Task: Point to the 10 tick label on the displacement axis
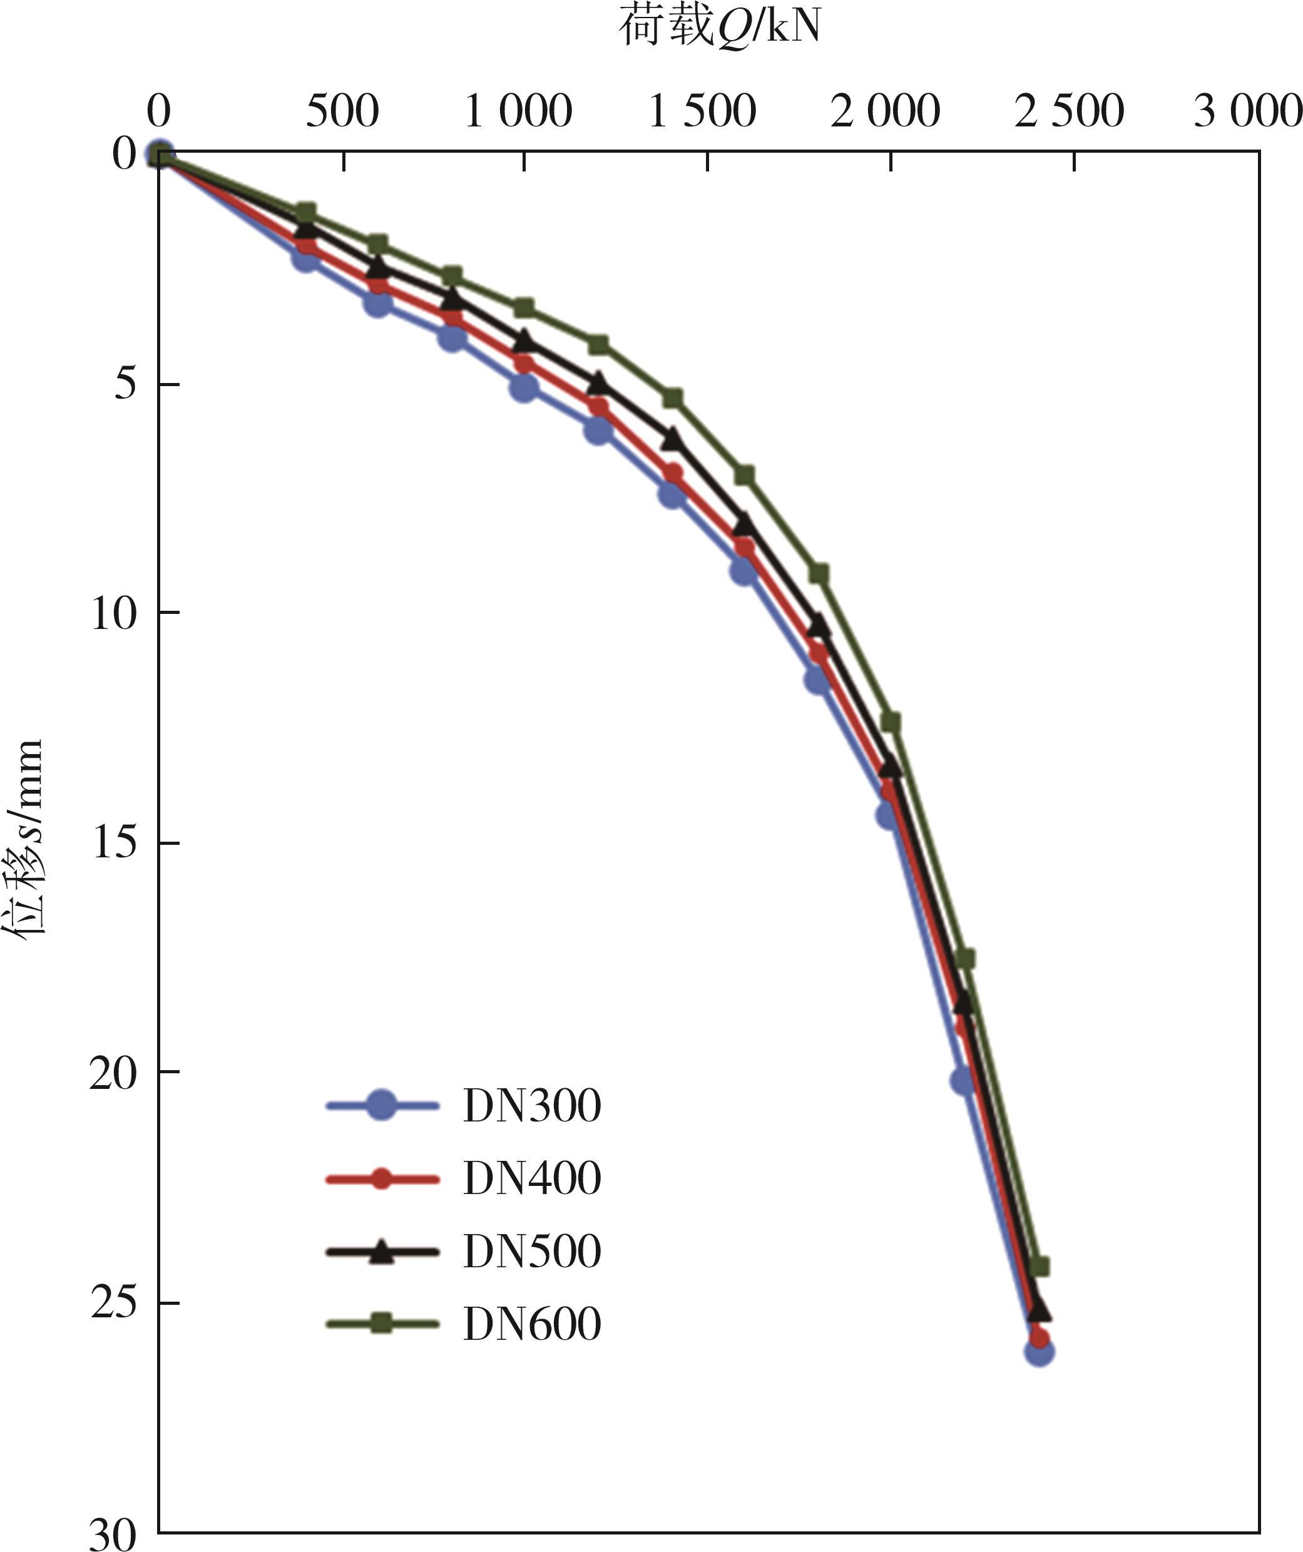pyautogui.click(x=114, y=613)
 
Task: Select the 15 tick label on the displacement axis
pyautogui.click(x=114, y=842)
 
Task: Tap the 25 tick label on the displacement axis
pyautogui.click(x=114, y=1303)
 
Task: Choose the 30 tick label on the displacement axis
pyautogui.click(x=114, y=1533)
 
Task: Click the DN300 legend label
pyautogui.click(x=532, y=1106)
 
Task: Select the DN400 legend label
pyautogui.click(x=532, y=1177)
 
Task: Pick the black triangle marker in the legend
pyautogui.click(x=381, y=1251)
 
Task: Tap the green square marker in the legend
pyautogui.click(x=381, y=1323)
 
